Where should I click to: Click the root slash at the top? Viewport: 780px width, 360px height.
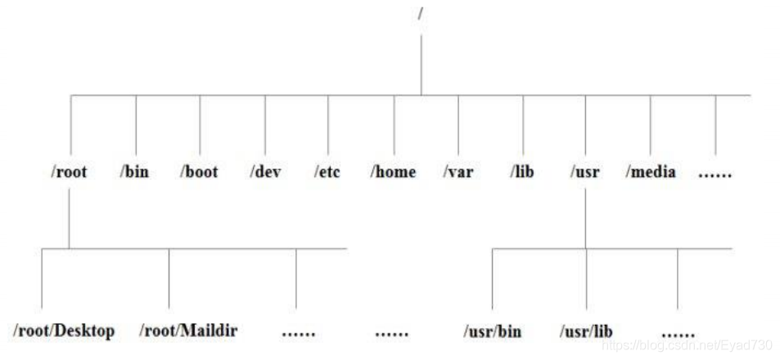(421, 13)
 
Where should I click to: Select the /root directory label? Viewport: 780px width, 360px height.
(69, 172)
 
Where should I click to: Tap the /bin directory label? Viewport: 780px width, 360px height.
(134, 172)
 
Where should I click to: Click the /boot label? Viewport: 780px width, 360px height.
(199, 172)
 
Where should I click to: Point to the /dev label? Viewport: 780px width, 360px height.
(265, 172)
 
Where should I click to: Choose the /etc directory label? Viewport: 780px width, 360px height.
(327, 172)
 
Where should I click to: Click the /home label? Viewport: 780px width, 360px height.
(393, 172)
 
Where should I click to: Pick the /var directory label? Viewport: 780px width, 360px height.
(458, 172)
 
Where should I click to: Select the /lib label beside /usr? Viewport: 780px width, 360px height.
(522, 172)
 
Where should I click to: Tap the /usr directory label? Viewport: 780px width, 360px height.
(585, 172)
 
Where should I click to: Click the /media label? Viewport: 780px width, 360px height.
(651, 172)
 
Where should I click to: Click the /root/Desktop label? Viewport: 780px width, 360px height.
(64, 331)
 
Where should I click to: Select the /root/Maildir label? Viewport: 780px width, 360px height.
(188, 331)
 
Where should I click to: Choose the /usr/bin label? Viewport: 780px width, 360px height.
(493, 331)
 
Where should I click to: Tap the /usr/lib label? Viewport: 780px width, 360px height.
(586, 331)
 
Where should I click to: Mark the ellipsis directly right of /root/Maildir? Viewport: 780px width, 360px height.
(299, 334)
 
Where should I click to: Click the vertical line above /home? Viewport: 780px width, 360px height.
(394, 125)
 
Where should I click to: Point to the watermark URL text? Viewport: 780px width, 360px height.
(687, 344)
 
